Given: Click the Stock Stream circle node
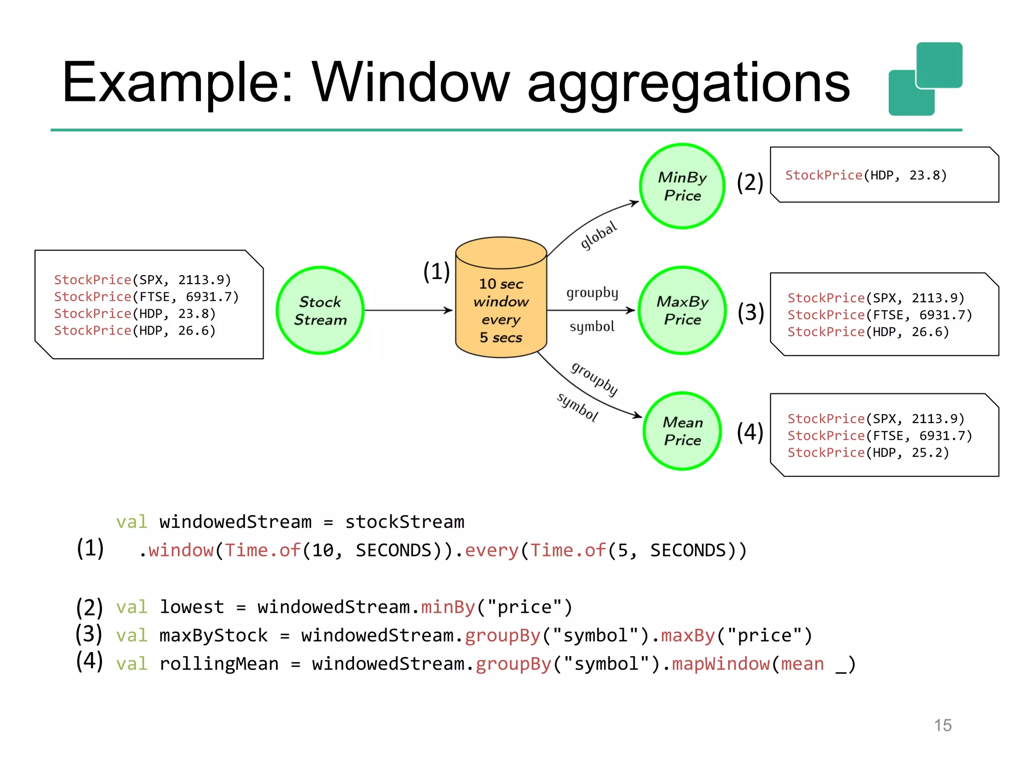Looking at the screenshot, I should pos(320,311).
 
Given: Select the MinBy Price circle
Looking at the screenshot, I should pos(682,186).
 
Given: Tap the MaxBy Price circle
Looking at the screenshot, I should pos(682,310).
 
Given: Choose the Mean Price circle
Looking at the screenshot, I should pos(682,431).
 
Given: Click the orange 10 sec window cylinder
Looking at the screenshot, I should pos(501,302).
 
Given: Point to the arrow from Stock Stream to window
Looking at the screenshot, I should pos(408,310).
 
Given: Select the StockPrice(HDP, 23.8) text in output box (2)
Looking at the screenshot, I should pos(866,175).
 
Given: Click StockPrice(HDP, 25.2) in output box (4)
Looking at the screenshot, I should pos(868,452).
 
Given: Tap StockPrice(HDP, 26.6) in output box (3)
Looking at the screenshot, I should pos(868,332).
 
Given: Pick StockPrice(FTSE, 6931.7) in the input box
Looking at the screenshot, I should pos(146,296).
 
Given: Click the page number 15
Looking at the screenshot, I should pos(942,725).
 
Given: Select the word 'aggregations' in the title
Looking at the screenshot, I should pos(689,84).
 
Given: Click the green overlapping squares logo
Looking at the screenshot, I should pos(925,79).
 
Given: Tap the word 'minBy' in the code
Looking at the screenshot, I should pos(448,607).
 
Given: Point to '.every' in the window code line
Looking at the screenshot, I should pos(487,550).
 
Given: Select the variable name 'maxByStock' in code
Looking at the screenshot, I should pos(213,635).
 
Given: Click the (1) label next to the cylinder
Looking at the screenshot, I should pos(436,272).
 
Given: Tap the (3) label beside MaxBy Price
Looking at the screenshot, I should pos(751,312).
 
